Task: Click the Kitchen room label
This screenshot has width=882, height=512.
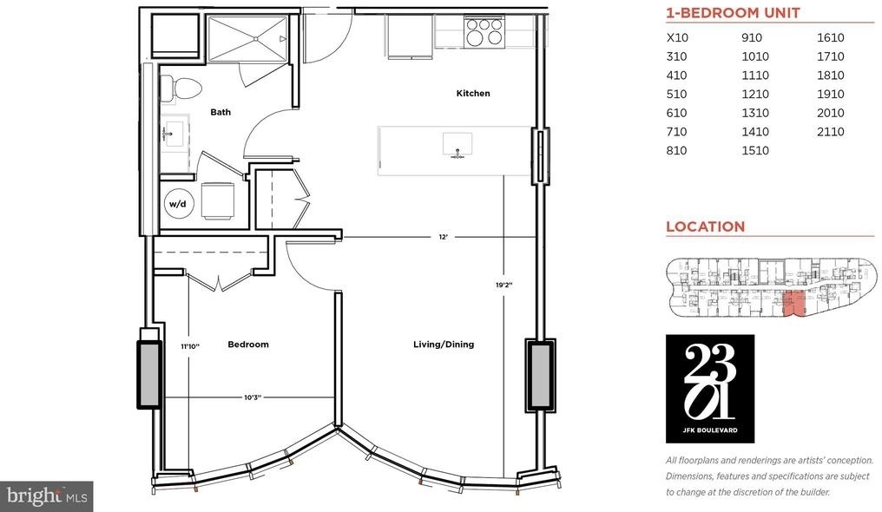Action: click(x=473, y=94)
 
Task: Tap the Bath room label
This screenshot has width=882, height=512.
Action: click(x=220, y=112)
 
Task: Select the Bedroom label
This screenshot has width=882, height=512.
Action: click(x=248, y=344)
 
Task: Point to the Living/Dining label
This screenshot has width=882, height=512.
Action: click(x=444, y=344)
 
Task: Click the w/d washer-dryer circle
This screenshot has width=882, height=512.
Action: click(x=178, y=203)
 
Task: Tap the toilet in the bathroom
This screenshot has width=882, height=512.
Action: click(x=181, y=89)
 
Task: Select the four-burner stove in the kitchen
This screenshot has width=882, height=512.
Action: click(x=484, y=31)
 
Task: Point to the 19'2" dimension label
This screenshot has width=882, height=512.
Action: click(x=504, y=285)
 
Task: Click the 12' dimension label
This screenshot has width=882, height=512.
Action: click(x=444, y=237)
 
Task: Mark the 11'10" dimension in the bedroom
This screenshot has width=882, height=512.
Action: click(x=190, y=346)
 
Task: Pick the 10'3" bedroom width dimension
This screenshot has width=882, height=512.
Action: click(x=253, y=397)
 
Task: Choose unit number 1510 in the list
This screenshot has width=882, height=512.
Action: click(x=755, y=150)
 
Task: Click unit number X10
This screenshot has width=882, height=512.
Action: click(x=677, y=37)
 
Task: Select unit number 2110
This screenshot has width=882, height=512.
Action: click(x=831, y=132)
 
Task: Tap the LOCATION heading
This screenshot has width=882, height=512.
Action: click(x=706, y=226)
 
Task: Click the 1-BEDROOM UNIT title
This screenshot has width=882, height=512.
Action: click(x=733, y=13)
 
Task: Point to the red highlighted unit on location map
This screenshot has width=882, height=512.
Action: click(x=793, y=304)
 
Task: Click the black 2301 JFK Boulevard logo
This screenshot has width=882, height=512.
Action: click(x=710, y=389)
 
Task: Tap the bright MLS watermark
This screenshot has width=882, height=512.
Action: click(x=47, y=496)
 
